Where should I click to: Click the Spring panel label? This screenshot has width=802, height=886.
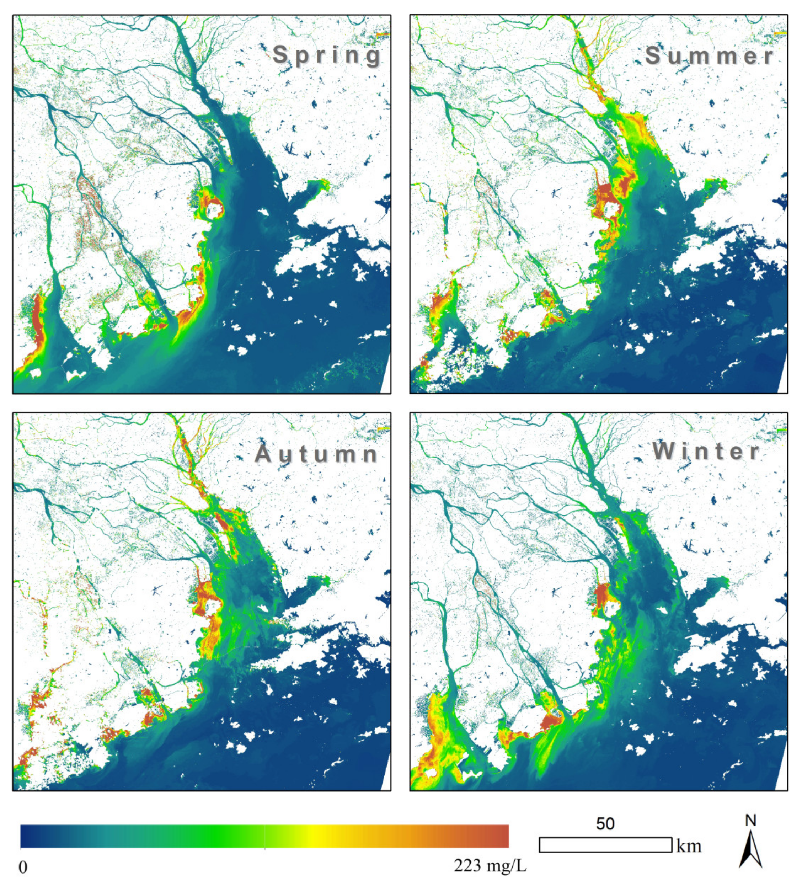coord(327,56)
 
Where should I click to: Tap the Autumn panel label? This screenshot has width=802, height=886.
coord(316,454)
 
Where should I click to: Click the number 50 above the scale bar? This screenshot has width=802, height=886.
coord(605,823)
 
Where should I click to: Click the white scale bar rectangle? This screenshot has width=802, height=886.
coord(605,845)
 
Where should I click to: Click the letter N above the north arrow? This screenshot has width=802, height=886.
coord(750,820)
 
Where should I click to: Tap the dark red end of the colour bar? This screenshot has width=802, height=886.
coord(499,836)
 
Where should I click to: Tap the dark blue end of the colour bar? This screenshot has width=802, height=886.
coord(28,836)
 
